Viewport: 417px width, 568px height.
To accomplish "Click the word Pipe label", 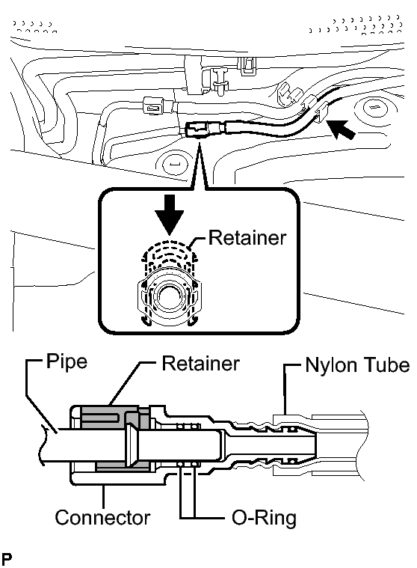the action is tap(67, 362).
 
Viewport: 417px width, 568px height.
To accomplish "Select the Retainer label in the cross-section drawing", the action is tap(200, 364).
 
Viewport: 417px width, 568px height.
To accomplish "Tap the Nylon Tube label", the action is tap(357, 364).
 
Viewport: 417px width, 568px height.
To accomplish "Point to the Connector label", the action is tap(102, 518).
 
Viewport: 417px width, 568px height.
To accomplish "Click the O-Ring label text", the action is tap(264, 518).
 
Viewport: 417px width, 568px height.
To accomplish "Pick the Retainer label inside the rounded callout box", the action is tap(247, 238).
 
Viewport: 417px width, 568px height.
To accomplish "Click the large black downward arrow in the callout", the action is tap(170, 215).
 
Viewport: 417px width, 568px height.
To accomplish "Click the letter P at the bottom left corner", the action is tap(6, 558).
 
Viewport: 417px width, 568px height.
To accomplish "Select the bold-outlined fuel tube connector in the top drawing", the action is tap(197, 129).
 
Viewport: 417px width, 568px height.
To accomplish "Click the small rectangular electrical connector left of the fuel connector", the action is tap(154, 106).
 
